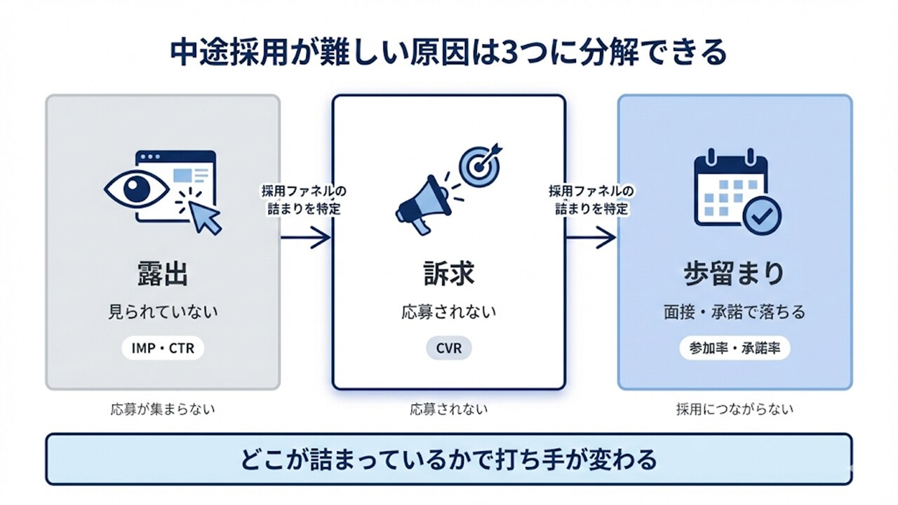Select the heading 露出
coord(162,274)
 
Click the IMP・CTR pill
coord(162,347)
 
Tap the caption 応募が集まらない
coord(162,410)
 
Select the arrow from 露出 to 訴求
coord(306,238)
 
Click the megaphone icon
coord(421,203)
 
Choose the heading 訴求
coord(448,274)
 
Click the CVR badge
coord(448,348)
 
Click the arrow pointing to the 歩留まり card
coord(591,238)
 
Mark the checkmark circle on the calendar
coord(760,218)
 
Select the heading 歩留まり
coord(734,274)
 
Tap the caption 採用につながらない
coord(735,410)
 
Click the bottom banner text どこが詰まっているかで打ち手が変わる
coord(448,460)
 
